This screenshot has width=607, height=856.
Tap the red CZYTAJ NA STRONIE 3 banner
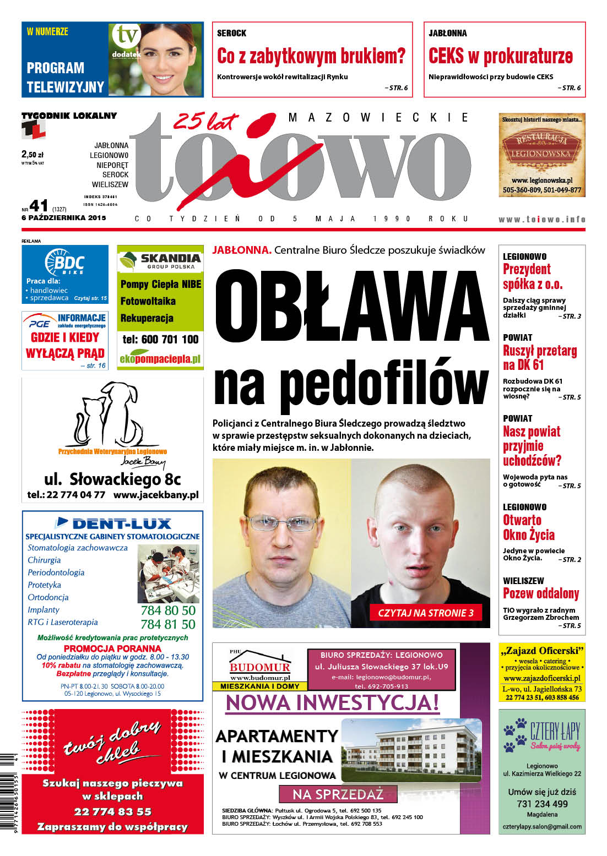pyautogui.click(x=425, y=613)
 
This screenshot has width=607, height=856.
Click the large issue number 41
pyautogui.click(x=39, y=206)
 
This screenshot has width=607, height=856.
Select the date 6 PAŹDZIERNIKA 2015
pyautogui.click(x=63, y=217)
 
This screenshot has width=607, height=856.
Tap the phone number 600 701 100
pyautogui.click(x=160, y=339)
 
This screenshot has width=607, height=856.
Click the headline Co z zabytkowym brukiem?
pyautogui.click(x=311, y=56)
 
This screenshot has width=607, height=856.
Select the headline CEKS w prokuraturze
pyautogui.click(x=501, y=56)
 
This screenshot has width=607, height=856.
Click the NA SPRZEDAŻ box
pyautogui.click(x=338, y=794)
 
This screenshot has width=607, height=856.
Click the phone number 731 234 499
pyautogui.click(x=542, y=804)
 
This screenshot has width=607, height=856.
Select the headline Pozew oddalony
pyautogui.click(x=541, y=593)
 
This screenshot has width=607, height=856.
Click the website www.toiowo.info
pyautogui.click(x=541, y=219)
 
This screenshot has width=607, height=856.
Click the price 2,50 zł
pyautogui.click(x=32, y=155)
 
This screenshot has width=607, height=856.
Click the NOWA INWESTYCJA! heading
pyautogui.click(x=332, y=702)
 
